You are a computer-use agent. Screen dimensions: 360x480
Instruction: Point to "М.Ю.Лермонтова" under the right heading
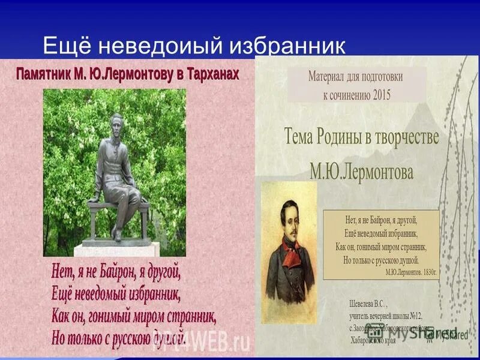[361, 173]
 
